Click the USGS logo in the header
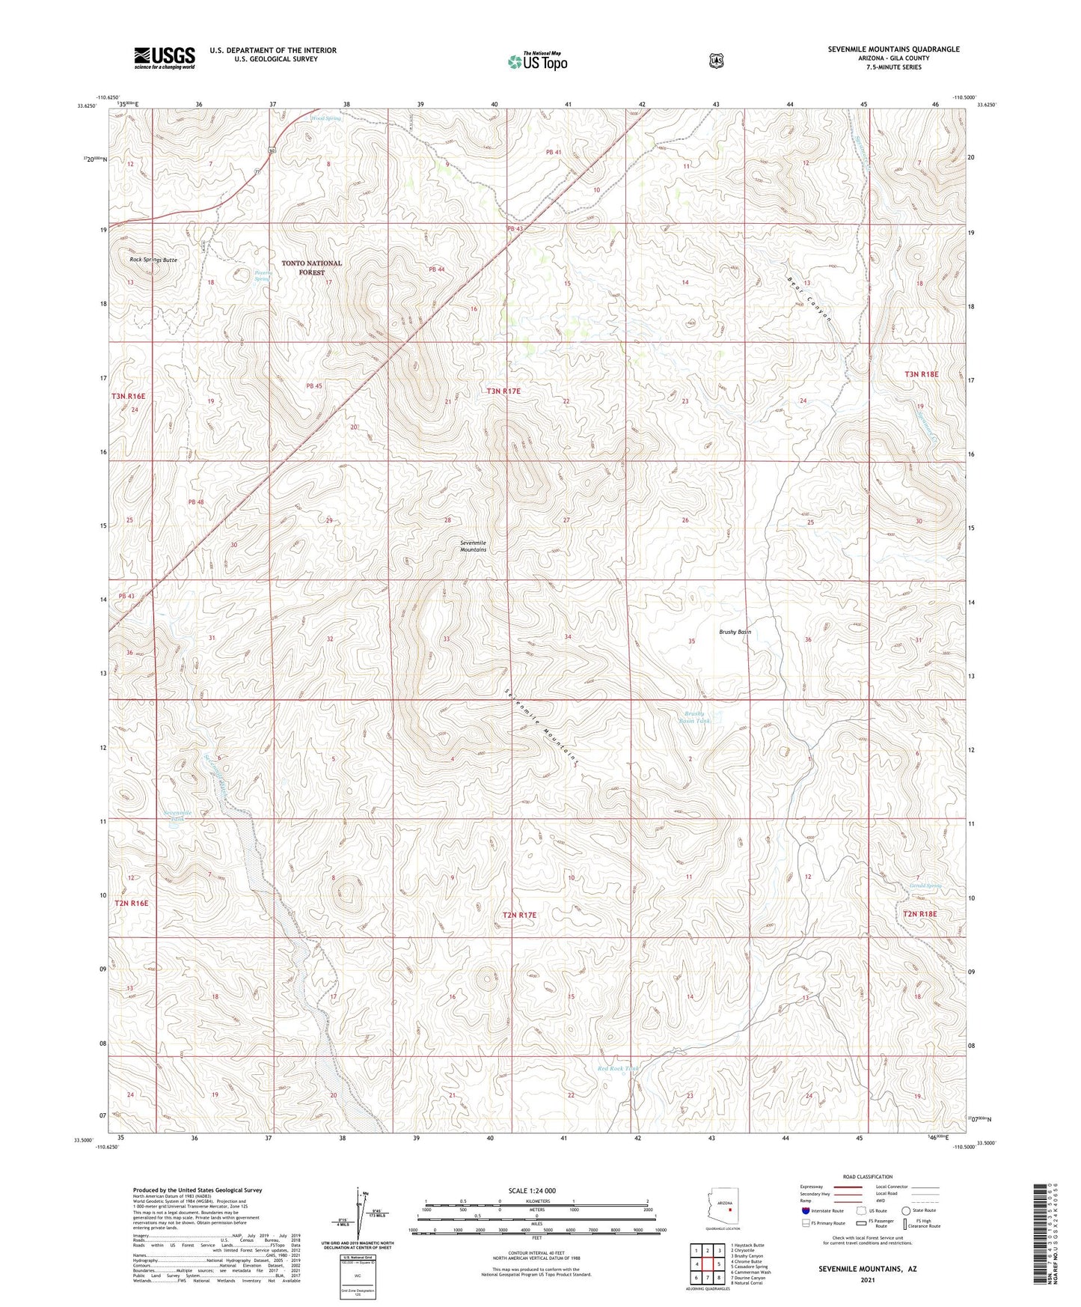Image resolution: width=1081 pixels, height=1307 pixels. pyautogui.click(x=165, y=58)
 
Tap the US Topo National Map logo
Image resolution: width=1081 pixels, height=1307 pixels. pyautogui.click(x=537, y=61)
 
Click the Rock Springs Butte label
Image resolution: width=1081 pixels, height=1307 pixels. pyautogui.click(x=153, y=260)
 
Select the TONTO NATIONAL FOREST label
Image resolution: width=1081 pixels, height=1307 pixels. pyautogui.click(x=311, y=267)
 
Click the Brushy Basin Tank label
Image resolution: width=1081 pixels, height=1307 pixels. pyautogui.click(x=693, y=716)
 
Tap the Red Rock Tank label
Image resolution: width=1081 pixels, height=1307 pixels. pyautogui.click(x=619, y=1068)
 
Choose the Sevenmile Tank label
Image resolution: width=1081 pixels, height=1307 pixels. pyautogui.click(x=177, y=815)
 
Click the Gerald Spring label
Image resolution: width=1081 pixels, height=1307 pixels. pyautogui.click(x=925, y=886)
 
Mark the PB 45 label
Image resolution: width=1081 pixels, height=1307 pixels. pyautogui.click(x=314, y=386)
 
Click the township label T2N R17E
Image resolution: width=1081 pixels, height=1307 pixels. pyautogui.click(x=521, y=915)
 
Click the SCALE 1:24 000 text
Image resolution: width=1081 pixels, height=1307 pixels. pyautogui.click(x=532, y=1191)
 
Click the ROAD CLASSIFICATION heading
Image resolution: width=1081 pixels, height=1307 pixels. pyautogui.click(x=867, y=1177)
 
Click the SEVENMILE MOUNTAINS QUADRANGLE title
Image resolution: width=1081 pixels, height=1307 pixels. pyautogui.click(x=893, y=49)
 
